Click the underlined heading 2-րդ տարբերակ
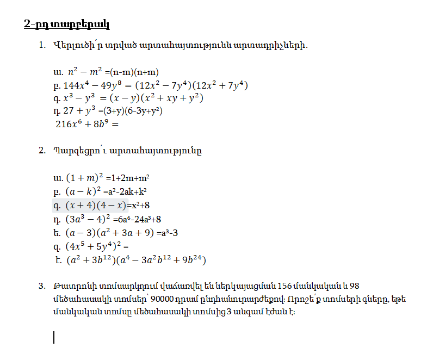[67, 24]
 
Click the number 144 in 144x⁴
[71, 85]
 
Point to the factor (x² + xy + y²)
[173, 98]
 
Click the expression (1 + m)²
[84, 178]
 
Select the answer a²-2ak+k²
[129, 191]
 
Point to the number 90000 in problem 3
[164, 300]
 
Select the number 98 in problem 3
[354, 287]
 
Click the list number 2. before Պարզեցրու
[42, 151]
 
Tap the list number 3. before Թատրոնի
[42, 287]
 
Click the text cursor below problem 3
[54, 338]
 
